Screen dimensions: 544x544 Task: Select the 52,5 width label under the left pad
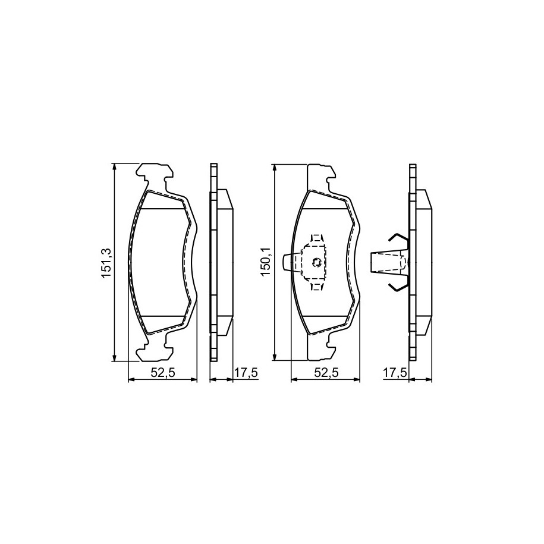pyautogui.click(x=163, y=373)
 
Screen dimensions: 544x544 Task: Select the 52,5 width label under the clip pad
pyautogui.click(x=326, y=373)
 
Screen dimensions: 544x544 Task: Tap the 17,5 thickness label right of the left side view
pyautogui.click(x=246, y=373)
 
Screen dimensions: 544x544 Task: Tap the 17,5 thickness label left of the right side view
pyautogui.click(x=395, y=373)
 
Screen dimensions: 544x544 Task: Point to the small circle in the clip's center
pyautogui.click(x=317, y=263)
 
